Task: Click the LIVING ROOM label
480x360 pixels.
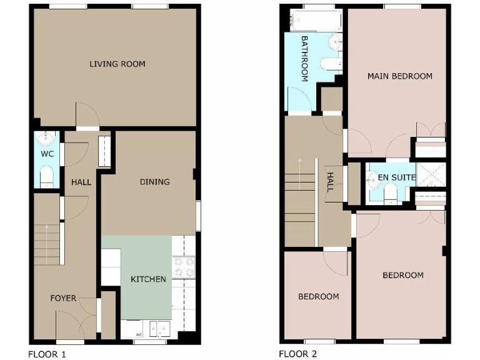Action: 117,64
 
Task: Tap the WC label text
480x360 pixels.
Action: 47,153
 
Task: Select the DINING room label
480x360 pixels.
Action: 154,182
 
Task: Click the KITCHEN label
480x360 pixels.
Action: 148,279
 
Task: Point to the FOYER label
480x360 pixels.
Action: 63,298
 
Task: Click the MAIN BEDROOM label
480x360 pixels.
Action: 399,76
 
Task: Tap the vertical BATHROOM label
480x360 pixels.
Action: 305,59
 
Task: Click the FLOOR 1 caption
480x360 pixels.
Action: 47,354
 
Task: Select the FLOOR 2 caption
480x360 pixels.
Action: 297,354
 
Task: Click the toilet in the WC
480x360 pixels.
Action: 46,176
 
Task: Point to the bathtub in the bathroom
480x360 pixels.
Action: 317,21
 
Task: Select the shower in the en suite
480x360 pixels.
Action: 431,174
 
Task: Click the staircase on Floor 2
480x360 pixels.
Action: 301,187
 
